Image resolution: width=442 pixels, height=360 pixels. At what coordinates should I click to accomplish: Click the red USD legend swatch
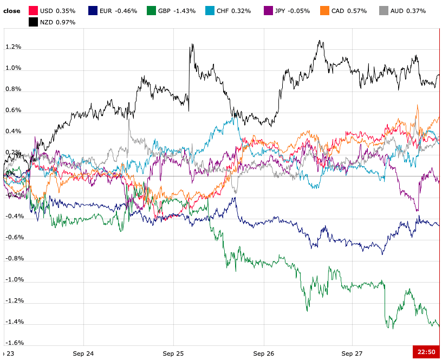[x=33, y=10]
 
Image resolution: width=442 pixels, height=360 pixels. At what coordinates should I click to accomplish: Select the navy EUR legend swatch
[x=93, y=10]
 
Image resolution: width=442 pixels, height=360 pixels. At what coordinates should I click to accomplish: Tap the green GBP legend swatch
[x=151, y=10]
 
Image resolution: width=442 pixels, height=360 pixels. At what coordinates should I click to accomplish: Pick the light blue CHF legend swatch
[x=210, y=10]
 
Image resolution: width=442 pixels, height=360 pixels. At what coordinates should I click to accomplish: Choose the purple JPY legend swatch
[x=268, y=10]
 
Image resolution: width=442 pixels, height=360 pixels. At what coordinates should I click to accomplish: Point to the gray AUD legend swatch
[x=383, y=10]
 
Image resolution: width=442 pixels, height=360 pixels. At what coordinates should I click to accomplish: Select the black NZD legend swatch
[x=33, y=22]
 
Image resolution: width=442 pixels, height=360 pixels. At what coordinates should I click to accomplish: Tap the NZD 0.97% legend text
[x=58, y=22]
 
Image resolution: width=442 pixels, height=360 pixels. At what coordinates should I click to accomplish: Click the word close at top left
[x=12, y=11]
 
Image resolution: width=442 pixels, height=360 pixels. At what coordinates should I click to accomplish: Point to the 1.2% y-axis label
[x=13, y=47]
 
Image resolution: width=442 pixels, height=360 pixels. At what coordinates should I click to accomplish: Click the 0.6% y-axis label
[x=13, y=110]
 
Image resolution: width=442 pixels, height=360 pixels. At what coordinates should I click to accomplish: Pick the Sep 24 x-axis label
[x=83, y=353]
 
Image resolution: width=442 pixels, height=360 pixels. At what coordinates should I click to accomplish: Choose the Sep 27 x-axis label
[x=352, y=353]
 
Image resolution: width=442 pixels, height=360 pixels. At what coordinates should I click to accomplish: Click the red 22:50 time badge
[x=427, y=352]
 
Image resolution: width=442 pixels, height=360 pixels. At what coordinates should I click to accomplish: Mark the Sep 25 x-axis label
[x=173, y=353]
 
